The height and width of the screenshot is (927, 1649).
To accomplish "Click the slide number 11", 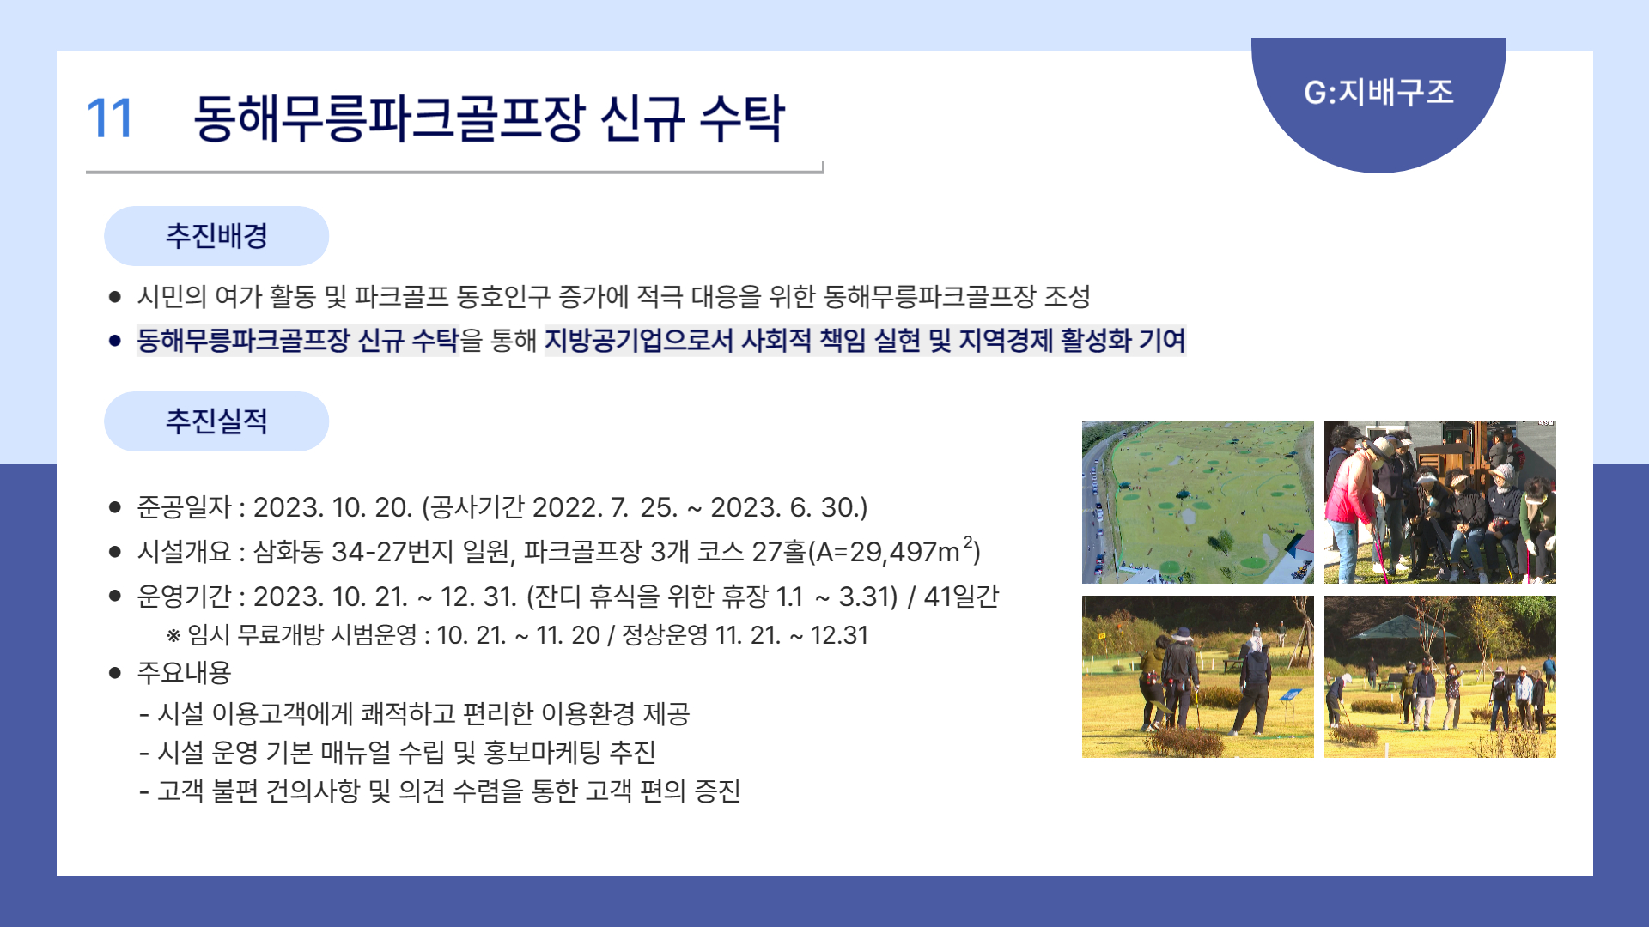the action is (x=110, y=118).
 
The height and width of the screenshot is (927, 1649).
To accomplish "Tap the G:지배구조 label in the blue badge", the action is (x=1378, y=92).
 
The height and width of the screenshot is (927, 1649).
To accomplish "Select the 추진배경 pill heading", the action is (x=216, y=236).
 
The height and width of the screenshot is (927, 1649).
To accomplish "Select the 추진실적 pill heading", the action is (x=216, y=421).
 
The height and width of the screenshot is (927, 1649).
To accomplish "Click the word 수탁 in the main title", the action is (x=742, y=118).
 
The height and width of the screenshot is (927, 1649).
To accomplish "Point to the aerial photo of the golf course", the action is (x=1198, y=502).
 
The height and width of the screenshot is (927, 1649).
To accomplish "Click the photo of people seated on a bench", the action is (x=1440, y=502).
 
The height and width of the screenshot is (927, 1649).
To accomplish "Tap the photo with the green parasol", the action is (x=1440, y=676).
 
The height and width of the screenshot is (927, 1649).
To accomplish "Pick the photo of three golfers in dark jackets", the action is (x=1198, y=676).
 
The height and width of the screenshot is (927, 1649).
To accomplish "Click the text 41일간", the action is (x=961, y=596).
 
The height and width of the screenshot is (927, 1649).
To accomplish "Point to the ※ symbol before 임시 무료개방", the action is (x=173, y=636).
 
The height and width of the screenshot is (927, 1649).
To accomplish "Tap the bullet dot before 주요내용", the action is (x=115, y=673).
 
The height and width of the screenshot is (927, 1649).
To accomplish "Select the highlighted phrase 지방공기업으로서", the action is (x=639, y=341).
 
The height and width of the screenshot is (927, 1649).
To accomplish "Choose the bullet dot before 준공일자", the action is (x=115, y=507).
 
